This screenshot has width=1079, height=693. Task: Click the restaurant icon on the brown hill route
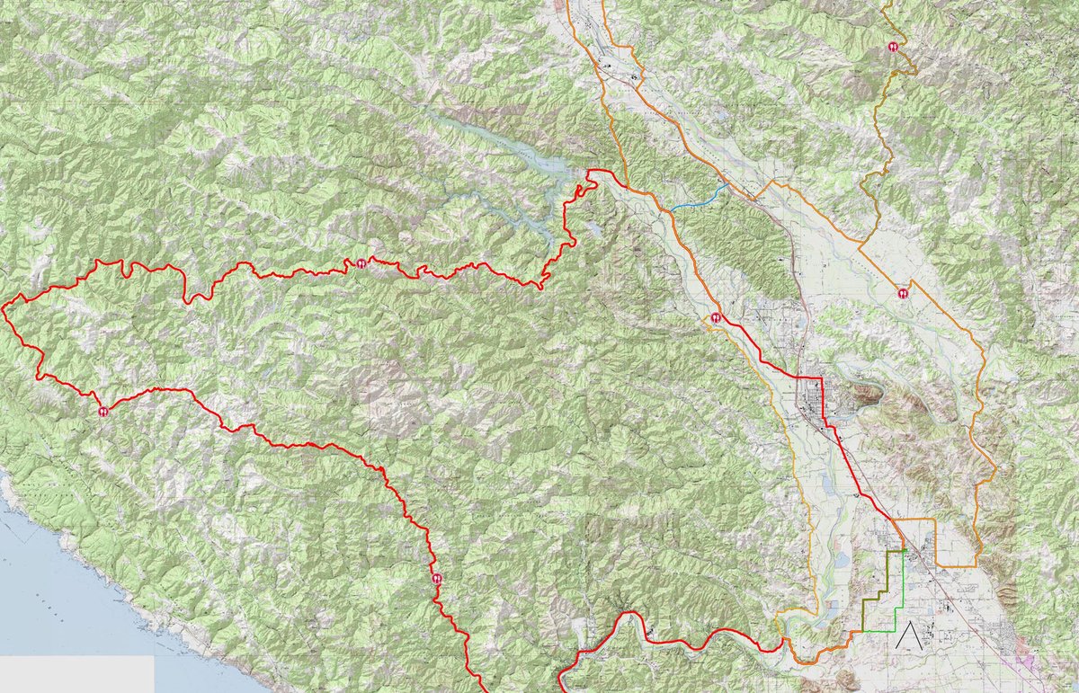(x=894, y=47)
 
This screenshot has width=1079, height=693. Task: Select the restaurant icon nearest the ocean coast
(x=103, y=411)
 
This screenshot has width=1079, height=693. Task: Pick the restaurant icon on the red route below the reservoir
(x=361, y=263)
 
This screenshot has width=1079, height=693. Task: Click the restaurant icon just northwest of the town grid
(x=716, y=317)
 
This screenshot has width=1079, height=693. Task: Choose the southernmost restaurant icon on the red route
(x=436, y=578)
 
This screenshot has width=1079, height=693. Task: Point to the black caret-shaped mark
(x=914, y=635)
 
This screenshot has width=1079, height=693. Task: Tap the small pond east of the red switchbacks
(x=594, y=229)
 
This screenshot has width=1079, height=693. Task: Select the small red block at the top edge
(x=564, y=4)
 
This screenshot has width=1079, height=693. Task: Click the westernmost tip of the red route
(x=4, y=308)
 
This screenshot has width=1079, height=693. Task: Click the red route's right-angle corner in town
(x=822, y=378)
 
